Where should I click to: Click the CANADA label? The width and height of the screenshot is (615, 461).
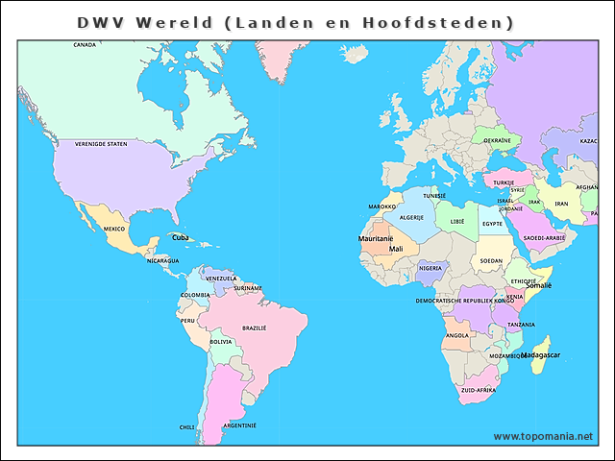click(x=85, y=44)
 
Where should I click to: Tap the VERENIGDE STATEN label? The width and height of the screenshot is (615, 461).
click(x=101, y=144)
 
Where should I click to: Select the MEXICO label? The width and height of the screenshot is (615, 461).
click(x=114, y=229)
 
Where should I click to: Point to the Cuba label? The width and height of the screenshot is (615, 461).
click(x=180, y=236)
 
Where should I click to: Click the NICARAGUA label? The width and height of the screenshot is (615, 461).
click(x=162, y=260)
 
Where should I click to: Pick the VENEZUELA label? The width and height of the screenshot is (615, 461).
click(x=221, y=279)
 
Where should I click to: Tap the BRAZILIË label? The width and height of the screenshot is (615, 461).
click(x=254, y=328)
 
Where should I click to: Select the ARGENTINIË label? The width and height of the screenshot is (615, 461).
click(x=239, y=425)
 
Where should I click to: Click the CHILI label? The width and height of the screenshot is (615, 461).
click(x=186, y=427)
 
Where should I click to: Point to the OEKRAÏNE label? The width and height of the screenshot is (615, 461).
click(x=497, y=140)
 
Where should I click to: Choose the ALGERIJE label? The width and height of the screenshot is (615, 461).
click(x=411, y=217)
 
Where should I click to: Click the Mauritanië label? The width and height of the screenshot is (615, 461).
click(x=376, y=238)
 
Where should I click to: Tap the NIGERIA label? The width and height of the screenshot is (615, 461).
click(x=431, y=269)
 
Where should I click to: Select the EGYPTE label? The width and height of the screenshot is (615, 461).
click(x=492, y=224)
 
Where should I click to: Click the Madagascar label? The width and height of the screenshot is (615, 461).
click(x=541, y=355)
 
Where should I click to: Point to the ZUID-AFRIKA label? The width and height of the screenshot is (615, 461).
click(x=479, y=390)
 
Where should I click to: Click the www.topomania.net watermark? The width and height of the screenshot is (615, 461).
click(x=543, y=436)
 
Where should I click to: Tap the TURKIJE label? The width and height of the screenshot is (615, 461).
click(x=504, y=182)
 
